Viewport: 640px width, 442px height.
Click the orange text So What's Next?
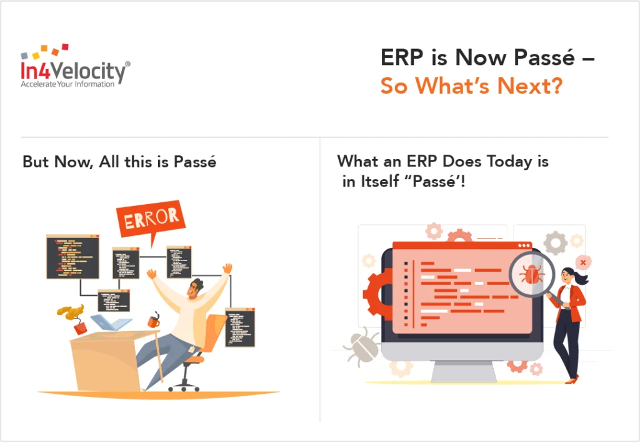(x=471, y=86)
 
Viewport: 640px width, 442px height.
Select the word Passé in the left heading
(x=195, y=162)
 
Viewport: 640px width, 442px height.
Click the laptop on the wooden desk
(x=111, y=322)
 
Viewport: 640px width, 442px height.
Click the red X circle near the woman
(x=583, y=262)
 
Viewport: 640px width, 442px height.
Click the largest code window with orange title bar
(x=72, y=257)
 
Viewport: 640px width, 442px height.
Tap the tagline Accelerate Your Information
(x=67, y=84)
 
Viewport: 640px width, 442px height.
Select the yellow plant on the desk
(x=69, y=311)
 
